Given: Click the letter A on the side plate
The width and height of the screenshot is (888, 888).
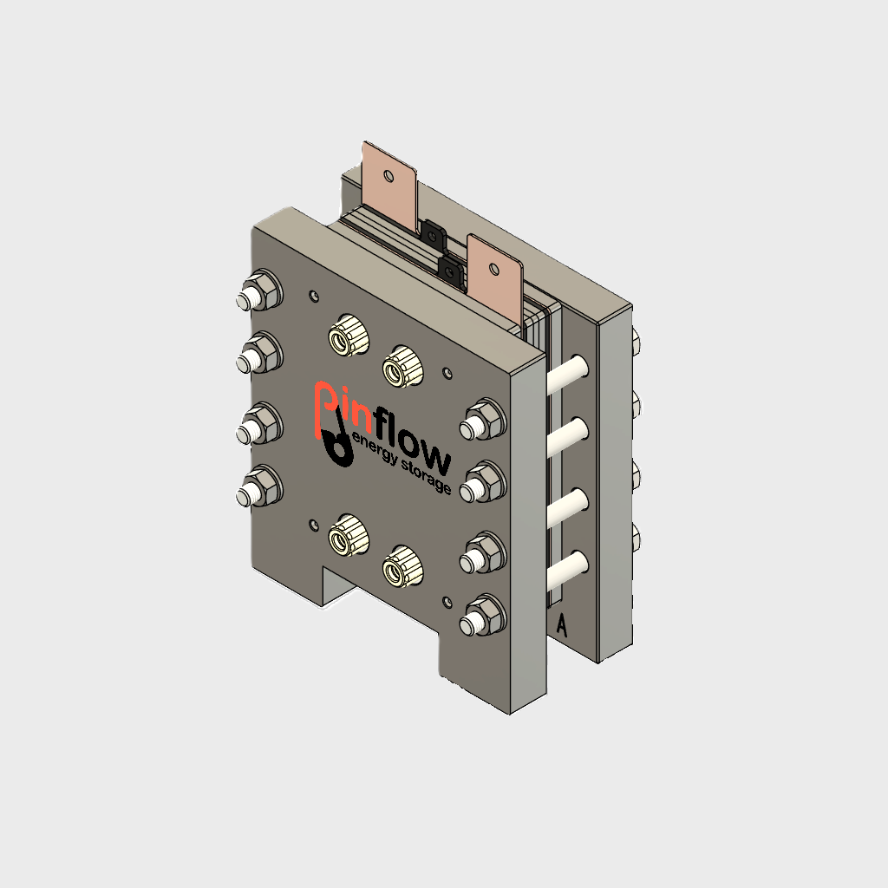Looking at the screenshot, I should pos(561,625).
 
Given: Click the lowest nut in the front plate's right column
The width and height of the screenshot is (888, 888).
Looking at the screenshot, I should pos(483,613).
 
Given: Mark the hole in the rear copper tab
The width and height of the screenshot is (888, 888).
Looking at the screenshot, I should pos(388,178).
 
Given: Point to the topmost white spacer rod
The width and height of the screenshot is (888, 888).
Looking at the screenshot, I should pos(569,370).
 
